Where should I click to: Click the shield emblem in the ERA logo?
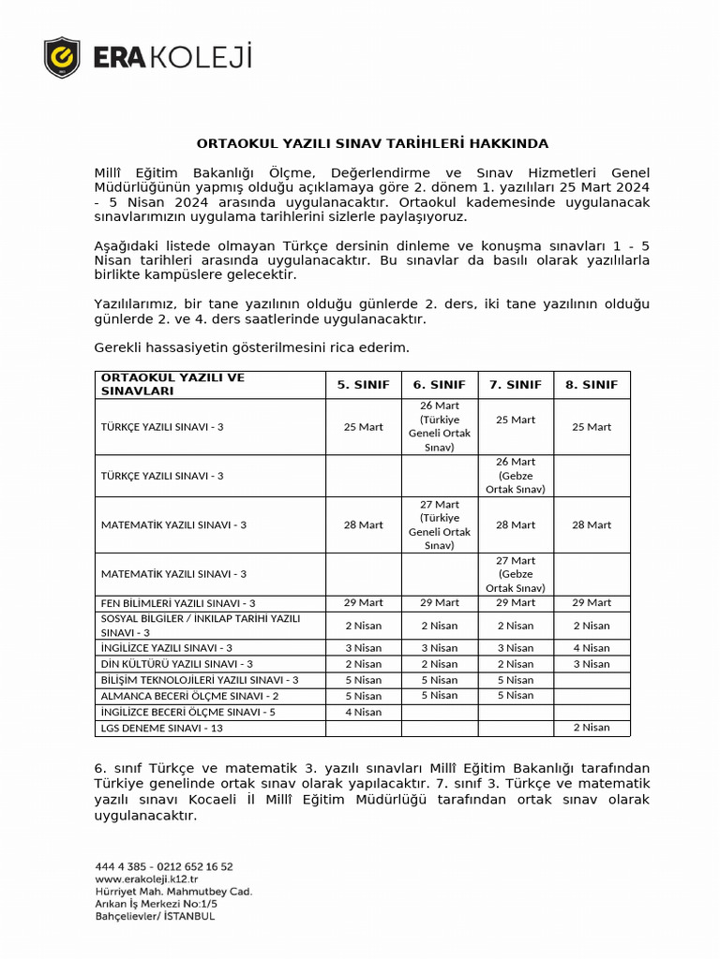coord(63,57)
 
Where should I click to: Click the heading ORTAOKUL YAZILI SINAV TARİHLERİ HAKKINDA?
coord(372,143)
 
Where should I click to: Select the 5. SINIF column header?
coord(363,384)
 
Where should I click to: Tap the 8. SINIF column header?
coord(592,384)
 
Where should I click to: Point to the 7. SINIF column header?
coord(515,384)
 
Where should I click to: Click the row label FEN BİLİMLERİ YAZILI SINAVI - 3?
coord(178,603)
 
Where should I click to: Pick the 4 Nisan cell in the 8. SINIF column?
coord(592,648)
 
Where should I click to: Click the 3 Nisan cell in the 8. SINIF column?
coord(592,664)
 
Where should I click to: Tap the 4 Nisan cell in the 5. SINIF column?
coord(363,712)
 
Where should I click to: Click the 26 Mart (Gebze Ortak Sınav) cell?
coord(515,475)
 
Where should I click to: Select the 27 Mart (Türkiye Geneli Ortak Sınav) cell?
coord(439,524)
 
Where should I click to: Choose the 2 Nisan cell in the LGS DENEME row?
coord(592,728)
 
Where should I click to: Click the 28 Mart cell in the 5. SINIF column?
coord(363,525)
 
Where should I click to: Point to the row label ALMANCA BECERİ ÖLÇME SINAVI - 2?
coord(189,696)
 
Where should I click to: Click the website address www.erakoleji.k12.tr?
coord(146,879)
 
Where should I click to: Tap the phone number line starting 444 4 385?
coord(164,867)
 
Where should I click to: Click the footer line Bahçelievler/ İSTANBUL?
coord(155,916)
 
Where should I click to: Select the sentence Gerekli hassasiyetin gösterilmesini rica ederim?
coord(252,347)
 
